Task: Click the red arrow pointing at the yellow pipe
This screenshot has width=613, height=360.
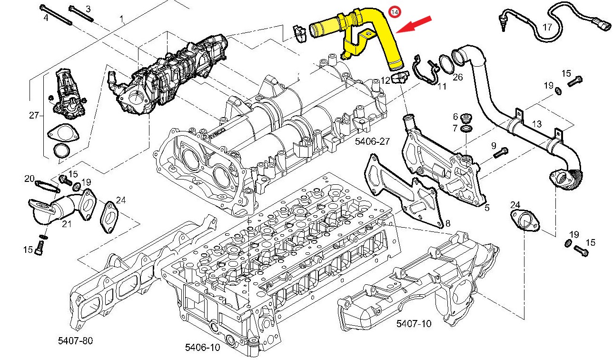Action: coord(415,25)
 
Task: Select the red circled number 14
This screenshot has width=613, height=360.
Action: coord(395,11)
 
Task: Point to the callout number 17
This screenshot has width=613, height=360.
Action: coord(547,27)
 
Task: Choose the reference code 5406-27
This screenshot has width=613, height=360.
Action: coord(372,141)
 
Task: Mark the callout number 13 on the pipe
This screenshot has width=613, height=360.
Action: coord(536,124)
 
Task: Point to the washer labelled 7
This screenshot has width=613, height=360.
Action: coord(468,129)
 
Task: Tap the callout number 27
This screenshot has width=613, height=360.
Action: coord(33,115)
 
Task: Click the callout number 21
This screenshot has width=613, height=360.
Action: coord(66,223)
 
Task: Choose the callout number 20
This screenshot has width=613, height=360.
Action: coord(30,179)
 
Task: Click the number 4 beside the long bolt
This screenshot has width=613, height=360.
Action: coord(46,18)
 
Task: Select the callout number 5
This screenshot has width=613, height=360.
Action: coord(486,208)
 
